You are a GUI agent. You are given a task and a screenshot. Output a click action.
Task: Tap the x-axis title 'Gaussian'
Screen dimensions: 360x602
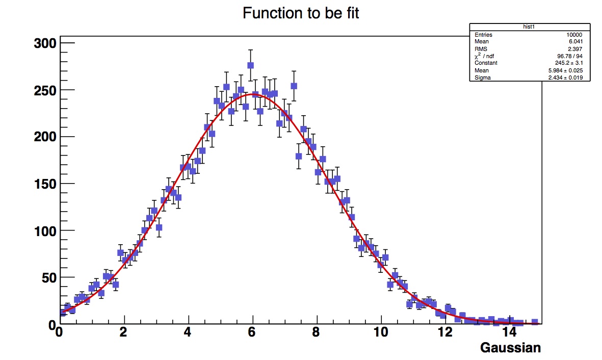click(x=510, y=348)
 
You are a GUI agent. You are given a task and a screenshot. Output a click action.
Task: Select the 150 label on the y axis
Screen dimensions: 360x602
click(x=44, y=184)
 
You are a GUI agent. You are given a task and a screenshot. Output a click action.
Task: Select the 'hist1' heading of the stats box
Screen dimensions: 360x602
click(x=530, y=27)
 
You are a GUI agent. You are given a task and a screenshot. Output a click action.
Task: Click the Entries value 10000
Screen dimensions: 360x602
click(x=574, y=35)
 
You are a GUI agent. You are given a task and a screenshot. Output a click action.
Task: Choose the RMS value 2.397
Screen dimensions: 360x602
click(x=577, y=49)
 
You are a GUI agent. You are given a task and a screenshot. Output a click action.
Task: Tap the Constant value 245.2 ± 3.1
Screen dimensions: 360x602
click(x=567, y=63)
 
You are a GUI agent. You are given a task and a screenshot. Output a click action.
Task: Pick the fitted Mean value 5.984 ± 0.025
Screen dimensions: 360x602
click(x=566, y=70)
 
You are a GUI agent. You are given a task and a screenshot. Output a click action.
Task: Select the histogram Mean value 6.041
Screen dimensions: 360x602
click(x=577, y=42)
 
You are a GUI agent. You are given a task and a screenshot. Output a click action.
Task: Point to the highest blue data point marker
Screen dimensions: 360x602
click(x=250, y=65)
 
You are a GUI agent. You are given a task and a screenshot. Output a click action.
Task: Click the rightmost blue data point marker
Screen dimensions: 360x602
click(x=535, y=322)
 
